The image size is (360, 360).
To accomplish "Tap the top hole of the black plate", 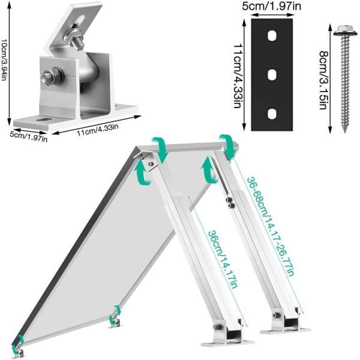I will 272,37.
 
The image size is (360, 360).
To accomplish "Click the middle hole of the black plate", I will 272,75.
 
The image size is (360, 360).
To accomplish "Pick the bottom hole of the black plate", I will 272,113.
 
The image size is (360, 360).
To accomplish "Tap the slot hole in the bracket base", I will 44,119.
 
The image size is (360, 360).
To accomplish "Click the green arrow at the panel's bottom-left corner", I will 19,343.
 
